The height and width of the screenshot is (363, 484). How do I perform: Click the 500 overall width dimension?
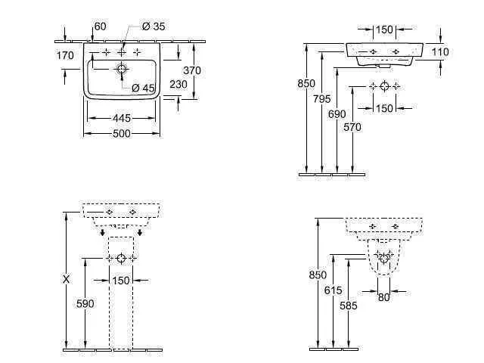click(x=122, y=134)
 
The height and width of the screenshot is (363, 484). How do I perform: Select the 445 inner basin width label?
click(x=122, y=118)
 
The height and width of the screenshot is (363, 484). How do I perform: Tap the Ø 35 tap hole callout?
click(x=154, y=26)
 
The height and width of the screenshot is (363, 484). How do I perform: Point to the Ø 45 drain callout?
click(x=143, y=88)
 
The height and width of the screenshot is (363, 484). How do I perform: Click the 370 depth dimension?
click(x=192, y=70)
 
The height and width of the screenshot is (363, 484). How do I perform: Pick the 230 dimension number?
click(x=178, y=84)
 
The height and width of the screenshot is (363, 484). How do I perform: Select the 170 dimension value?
click(x=65, y=55)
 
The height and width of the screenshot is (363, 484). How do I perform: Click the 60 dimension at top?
click(x=100, y=26)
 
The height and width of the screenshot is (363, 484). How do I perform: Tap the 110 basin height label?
click(x=440, y=52)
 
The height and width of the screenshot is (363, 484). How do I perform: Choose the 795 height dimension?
click(x=321, y=99)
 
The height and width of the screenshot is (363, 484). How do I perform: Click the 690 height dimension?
click(x=337, y=114)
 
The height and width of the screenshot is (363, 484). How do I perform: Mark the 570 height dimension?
click(x=352, y=127)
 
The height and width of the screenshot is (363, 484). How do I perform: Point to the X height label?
click(x=66, y=280)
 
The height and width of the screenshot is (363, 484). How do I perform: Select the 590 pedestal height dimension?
click(x=85, y=304)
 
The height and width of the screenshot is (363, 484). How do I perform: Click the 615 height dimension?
click(x=333, y=290)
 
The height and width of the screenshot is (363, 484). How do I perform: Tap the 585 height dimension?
click(x=349, y=306)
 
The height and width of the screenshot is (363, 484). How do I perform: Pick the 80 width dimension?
click(x=383, y=297)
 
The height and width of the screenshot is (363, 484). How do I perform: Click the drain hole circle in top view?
click(x=122, y=68)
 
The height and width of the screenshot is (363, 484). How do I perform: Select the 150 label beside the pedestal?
click(x=121, y=281)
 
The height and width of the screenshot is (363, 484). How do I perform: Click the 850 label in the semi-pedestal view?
click(x=318, y=275)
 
